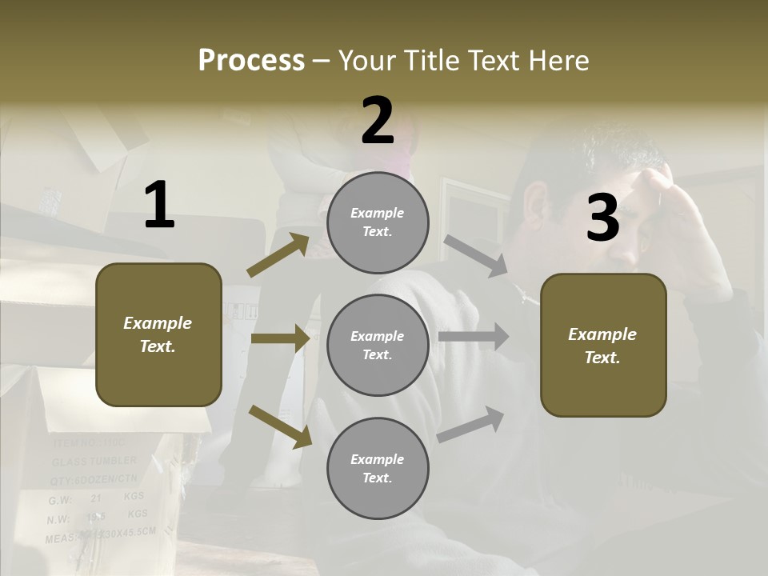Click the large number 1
coord(159,206)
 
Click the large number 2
coord(378,121)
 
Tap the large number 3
coord(603,218)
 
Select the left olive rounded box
coord(158,334)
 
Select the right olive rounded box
coord(603,345)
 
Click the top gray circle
coord(378,222)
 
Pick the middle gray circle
coord(378,345)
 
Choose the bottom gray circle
coord(378,468)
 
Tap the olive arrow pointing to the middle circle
coord(280,339)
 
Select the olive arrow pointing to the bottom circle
coord(280,426)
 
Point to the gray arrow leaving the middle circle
coord(474,336)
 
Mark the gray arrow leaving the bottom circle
coord(471,425)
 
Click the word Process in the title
coord(251,60)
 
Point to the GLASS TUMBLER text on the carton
coord(94,462)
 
